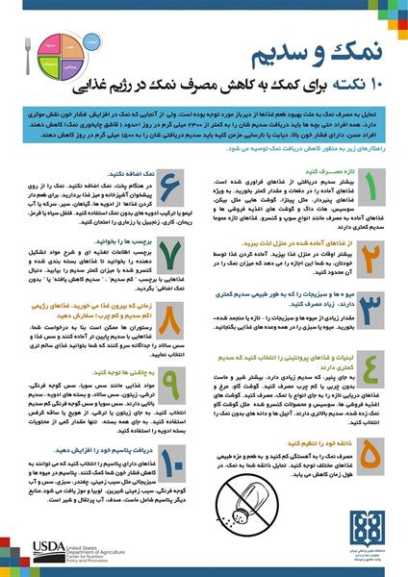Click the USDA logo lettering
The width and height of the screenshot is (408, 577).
point(39,549)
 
